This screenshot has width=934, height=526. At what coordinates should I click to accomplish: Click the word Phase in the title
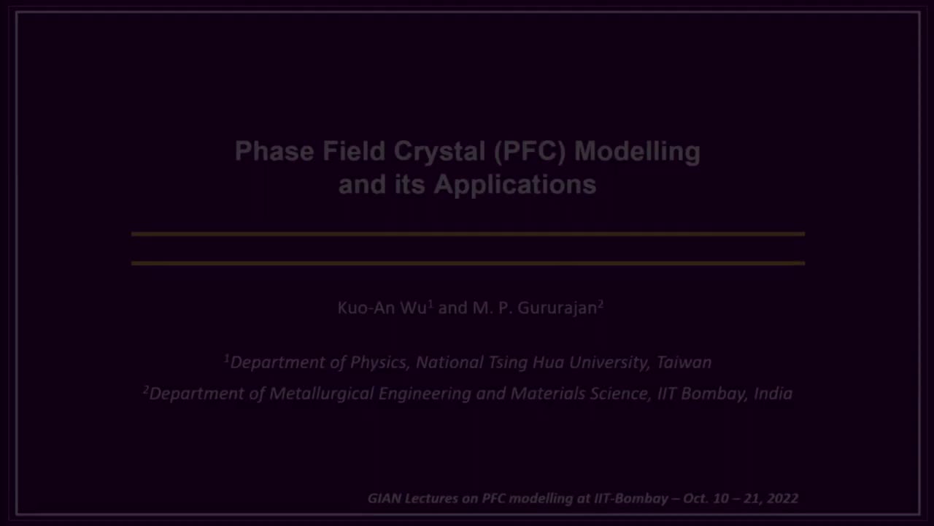pyautogui.click(x=274, y=151)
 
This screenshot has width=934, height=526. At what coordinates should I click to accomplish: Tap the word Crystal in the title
pyautogui.click(x=439, y=151)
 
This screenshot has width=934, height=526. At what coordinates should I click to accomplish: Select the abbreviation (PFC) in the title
pyautogui.click(x=530, y=151)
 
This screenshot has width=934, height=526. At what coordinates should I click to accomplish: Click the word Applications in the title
pyautogui.click(x=515, y=184)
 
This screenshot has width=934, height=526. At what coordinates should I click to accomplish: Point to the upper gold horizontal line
pyautogui.click(x=467, y=235)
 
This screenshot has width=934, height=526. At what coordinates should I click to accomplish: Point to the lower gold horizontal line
pyautogui.click(x=467, y=263)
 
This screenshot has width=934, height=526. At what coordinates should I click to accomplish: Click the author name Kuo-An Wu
pyautogui.click(x=382, y=308)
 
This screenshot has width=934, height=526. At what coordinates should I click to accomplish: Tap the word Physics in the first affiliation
pyautogui.click(x=378, y=362)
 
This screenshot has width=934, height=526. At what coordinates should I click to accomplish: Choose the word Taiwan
pyautogui.click(x=684, y=362)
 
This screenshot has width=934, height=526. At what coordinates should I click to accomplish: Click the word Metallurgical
pyautogui.click(x=322, y=394)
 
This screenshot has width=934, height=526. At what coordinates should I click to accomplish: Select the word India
pyautogui.click(x=773, y=394)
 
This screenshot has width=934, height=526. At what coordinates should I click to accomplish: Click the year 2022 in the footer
pyautogui.click(x=782, y=498)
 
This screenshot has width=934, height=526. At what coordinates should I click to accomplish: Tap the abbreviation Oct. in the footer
pyautogui.click(x=696, y=498)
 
